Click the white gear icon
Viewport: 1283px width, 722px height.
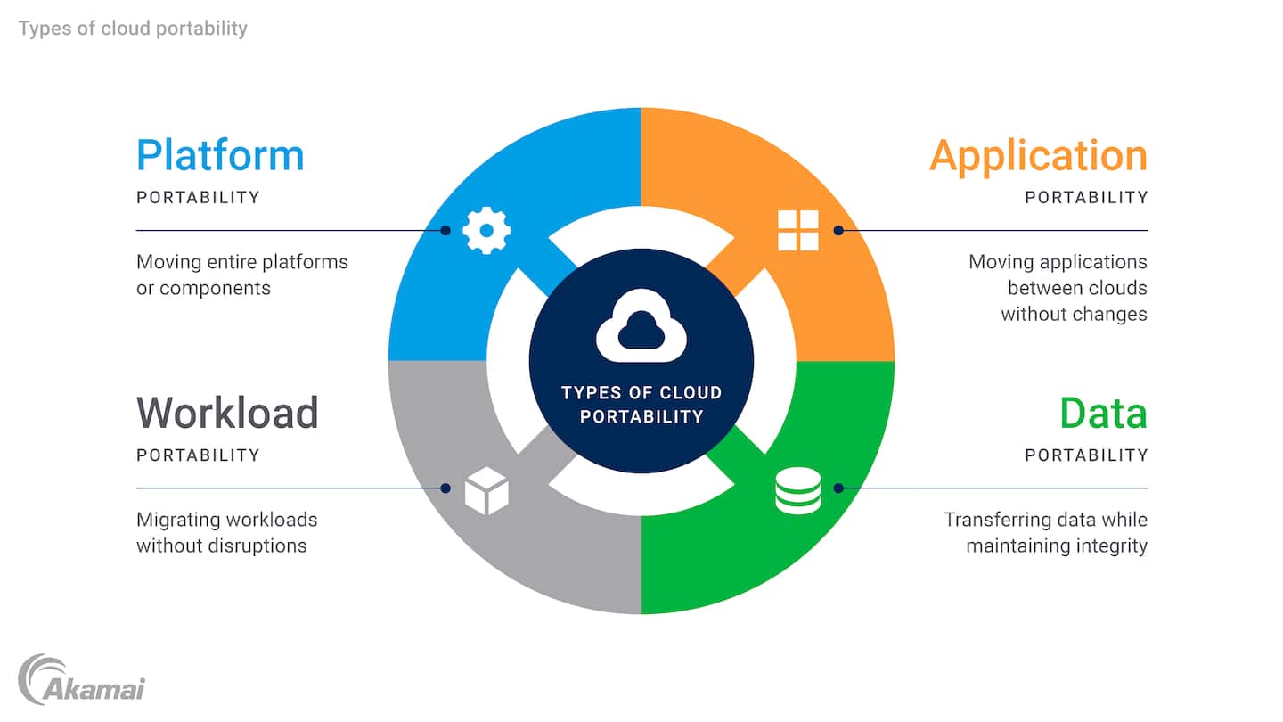point(486,230)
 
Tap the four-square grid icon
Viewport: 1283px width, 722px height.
point(797,230)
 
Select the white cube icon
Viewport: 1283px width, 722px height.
point(486,490)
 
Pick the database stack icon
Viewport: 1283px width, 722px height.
point(797,490)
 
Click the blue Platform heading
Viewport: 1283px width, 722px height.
point(220,155)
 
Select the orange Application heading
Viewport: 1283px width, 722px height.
point(1038,155)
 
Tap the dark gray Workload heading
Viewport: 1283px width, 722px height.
point(227,413)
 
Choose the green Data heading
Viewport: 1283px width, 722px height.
point(1103,413)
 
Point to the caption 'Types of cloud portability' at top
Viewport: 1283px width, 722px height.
point(133,29)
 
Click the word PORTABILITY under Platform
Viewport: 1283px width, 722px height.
point(198,197)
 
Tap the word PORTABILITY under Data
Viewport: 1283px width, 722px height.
point(1086,455)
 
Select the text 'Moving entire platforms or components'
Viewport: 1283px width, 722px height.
point(241,275)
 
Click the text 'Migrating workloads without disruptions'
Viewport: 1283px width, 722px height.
point(226,532)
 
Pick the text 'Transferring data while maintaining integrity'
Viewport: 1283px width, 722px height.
point(1045,532)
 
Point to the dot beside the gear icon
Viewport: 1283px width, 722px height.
point(445,230)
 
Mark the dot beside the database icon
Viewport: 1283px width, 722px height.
point(838,488)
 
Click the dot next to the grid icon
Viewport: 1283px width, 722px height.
point(838,230)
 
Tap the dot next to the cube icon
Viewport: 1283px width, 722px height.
point(445,488)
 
